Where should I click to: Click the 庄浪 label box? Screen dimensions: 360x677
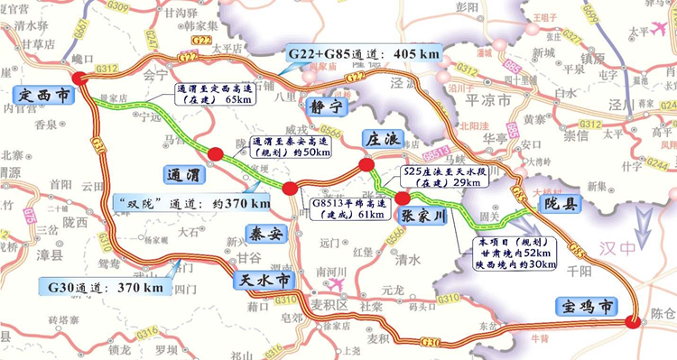coord(381,140)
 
